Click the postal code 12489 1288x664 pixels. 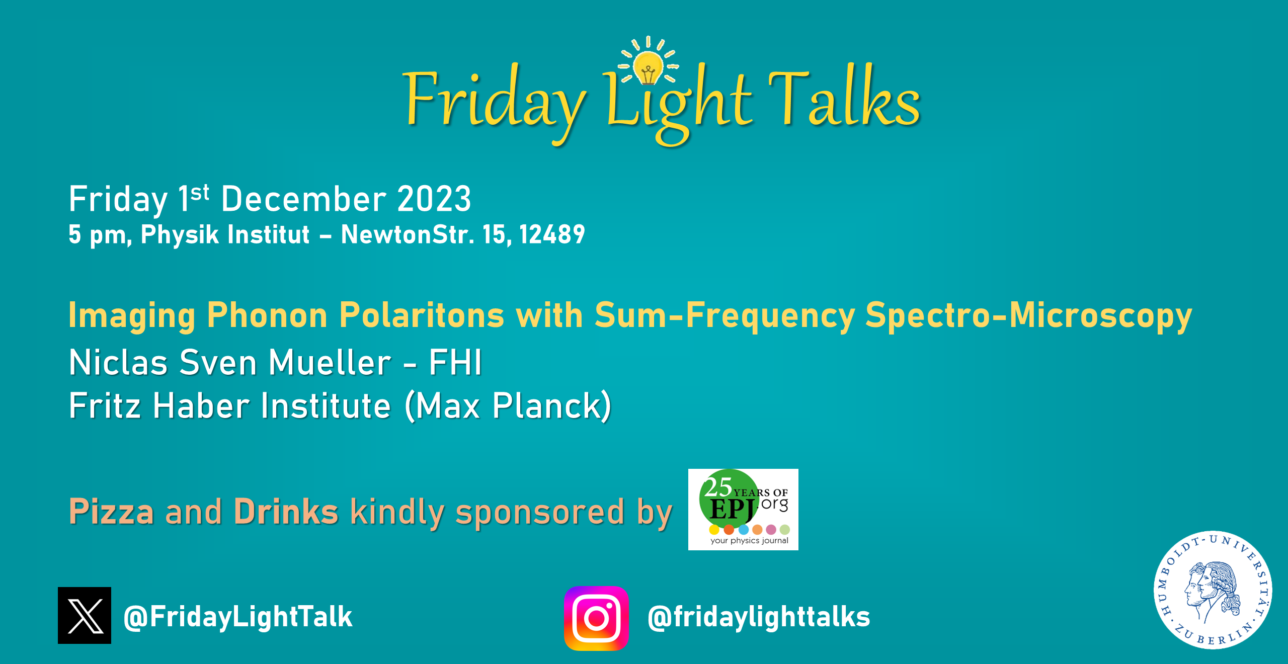click(x=552, y=234)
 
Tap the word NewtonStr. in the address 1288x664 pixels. click(x=408, y=234)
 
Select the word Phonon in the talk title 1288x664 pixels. click(x=267, y=315)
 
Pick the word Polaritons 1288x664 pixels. click(x=422, y=315)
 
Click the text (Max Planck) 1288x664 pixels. click(x=508, y=406)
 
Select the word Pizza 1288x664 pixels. click(x=111, y=512)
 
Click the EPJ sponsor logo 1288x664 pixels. click(x=743, y=509)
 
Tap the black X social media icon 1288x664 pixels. click(x=85, y=615)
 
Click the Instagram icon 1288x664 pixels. click(x=596, y=618)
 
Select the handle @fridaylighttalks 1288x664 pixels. click(x=759, y=617)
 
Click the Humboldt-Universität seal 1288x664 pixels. click(x=1213, y=590)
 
